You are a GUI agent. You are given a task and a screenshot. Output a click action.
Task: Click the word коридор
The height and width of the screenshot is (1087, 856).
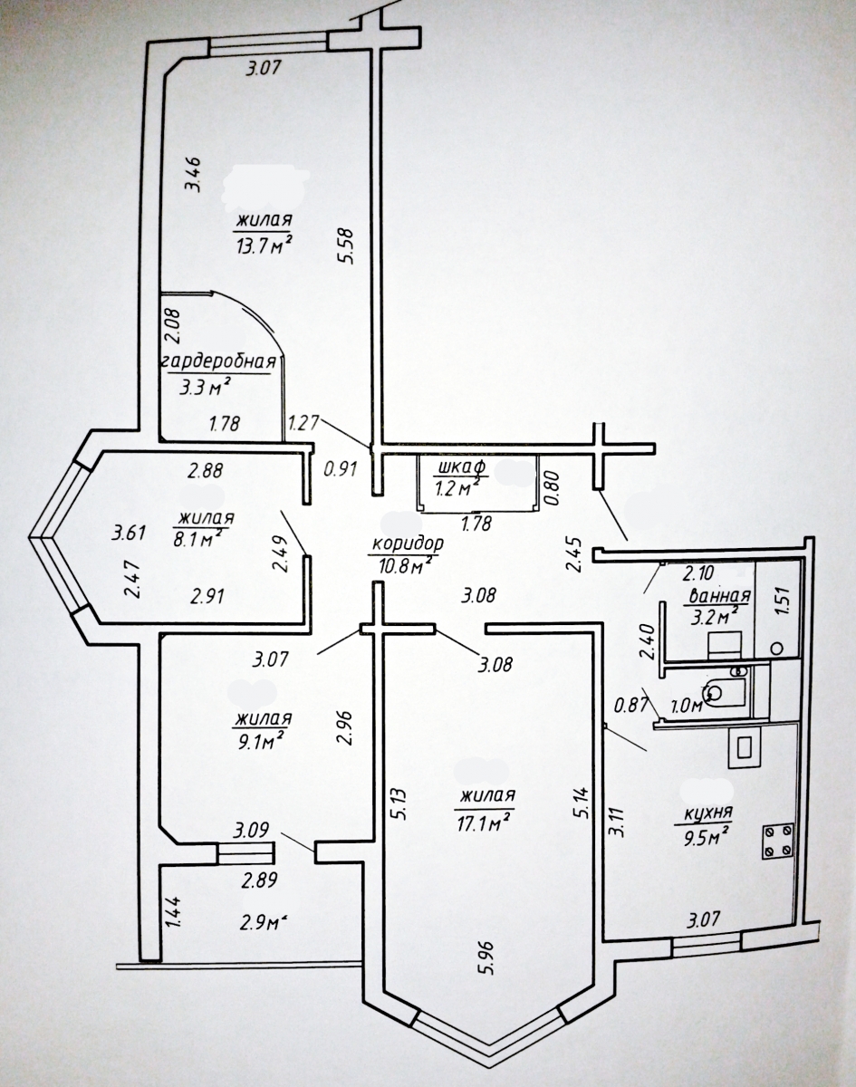[x=408, y=543]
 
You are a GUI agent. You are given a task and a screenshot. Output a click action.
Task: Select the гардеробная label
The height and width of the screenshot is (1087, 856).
[x=219, y=362]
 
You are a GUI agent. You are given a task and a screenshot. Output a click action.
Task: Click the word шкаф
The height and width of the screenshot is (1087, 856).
[x=460, y=467]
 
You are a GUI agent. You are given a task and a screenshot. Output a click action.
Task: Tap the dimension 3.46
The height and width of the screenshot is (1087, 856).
[x=194, y=175]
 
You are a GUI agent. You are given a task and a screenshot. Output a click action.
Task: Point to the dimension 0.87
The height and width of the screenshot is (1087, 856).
[x=630, y=705]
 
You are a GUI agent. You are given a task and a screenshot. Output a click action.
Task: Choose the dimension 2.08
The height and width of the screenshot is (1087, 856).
[x=172, y=326]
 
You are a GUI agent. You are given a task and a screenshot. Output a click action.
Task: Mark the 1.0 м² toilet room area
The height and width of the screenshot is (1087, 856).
[x=688, y=705]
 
